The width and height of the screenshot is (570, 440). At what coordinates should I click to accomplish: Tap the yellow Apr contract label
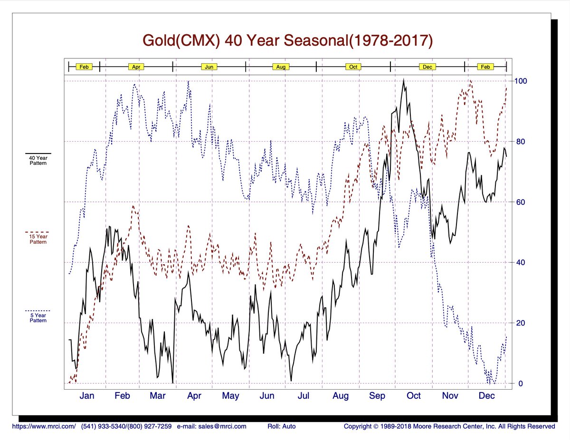point(136,67)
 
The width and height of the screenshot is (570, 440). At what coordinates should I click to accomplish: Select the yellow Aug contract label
point(281,67)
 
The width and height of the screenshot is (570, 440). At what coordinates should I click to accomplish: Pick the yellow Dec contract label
point(427,67)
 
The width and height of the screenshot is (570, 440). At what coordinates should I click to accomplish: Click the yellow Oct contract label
point(353,67)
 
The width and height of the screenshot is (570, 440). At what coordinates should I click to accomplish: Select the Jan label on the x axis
point(87,396)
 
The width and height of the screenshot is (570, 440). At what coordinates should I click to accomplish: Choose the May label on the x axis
point(230,396)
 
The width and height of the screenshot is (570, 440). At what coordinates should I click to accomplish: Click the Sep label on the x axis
point(377,396)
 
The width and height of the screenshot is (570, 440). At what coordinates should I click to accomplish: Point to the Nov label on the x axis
point(450,396)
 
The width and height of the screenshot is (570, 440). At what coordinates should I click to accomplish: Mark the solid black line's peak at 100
point(404,80)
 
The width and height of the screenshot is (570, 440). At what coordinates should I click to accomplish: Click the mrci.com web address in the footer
point(44,426)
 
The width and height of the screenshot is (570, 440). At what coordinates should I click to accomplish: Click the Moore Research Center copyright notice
point(449,426)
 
